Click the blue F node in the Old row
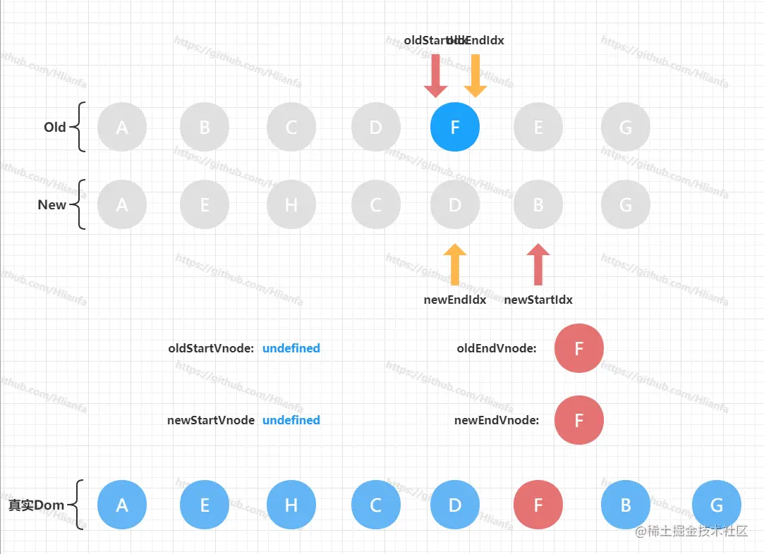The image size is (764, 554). [455, 128]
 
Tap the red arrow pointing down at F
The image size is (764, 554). [436, 75]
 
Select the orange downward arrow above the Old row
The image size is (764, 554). [475, 75]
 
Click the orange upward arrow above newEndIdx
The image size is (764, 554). [455, 264]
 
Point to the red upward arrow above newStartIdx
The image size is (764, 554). [538, 264]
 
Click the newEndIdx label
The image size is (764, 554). [455, 300]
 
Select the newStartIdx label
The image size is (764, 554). [538, 300]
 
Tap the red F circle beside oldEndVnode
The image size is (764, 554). [579, 348]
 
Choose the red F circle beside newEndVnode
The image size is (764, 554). [579, 420]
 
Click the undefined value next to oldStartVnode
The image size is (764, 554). [291, 348]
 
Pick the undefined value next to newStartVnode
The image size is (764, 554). [291, 420]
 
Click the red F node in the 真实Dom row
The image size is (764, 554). [538, 505]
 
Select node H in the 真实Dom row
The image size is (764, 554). [291, 505]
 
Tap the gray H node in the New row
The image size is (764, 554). [291, 205]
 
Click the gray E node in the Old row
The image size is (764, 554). [538, 128]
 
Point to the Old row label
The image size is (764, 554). [55, 128]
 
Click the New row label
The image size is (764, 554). [52, 205]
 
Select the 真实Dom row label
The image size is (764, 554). [36, 505]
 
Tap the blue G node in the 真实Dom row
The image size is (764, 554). [717, 505]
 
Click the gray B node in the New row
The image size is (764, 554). [538, 205]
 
